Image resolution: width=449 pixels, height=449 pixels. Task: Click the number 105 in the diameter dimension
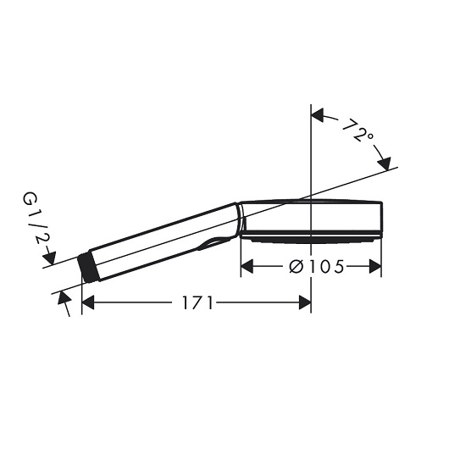tap(326, 268)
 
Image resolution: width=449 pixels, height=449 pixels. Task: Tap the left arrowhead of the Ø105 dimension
tap(247, 268)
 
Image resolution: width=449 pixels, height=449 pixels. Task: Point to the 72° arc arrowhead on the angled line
tap(388, 163)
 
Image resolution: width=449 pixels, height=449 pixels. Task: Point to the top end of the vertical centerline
tap(312, 108)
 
